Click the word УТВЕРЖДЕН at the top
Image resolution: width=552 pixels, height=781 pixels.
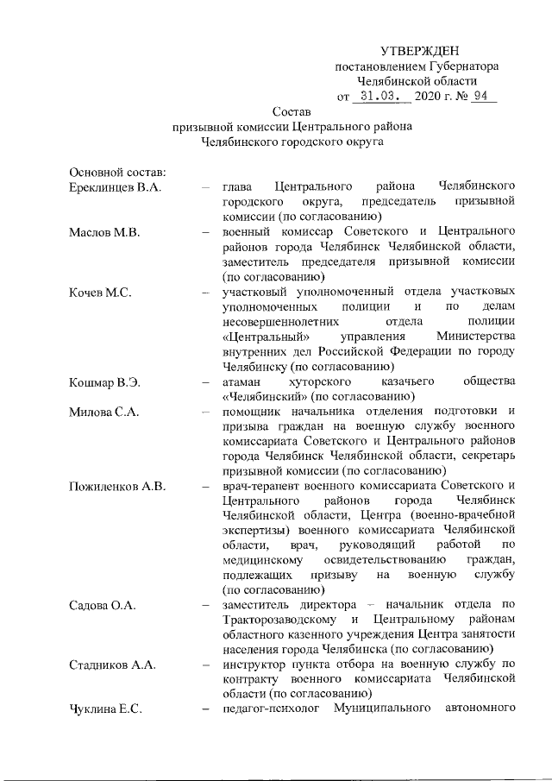[x=420, y=54]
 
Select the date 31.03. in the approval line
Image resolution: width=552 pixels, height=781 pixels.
[x=378, y=96]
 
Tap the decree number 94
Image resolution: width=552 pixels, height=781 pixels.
[x=480, y=96]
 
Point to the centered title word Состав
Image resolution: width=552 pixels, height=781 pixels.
[x=292, y=111]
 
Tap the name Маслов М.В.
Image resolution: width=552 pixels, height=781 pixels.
[x=102, y=232]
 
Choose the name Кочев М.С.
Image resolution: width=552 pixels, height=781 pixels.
[x=99, y=293]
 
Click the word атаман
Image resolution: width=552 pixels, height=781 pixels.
[x=246, y=382]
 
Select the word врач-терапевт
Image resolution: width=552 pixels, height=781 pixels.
[x=260, y=488]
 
